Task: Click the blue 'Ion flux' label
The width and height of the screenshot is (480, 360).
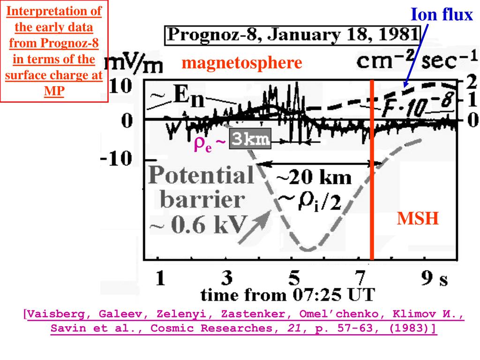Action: point(442,15)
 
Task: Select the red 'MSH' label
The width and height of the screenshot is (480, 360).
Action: point(418,218)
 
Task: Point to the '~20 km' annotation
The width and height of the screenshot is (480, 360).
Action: point(313,178)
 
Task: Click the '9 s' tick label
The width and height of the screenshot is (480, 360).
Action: point(434,280)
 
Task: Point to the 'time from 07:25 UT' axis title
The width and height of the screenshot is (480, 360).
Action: point(287,295)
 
